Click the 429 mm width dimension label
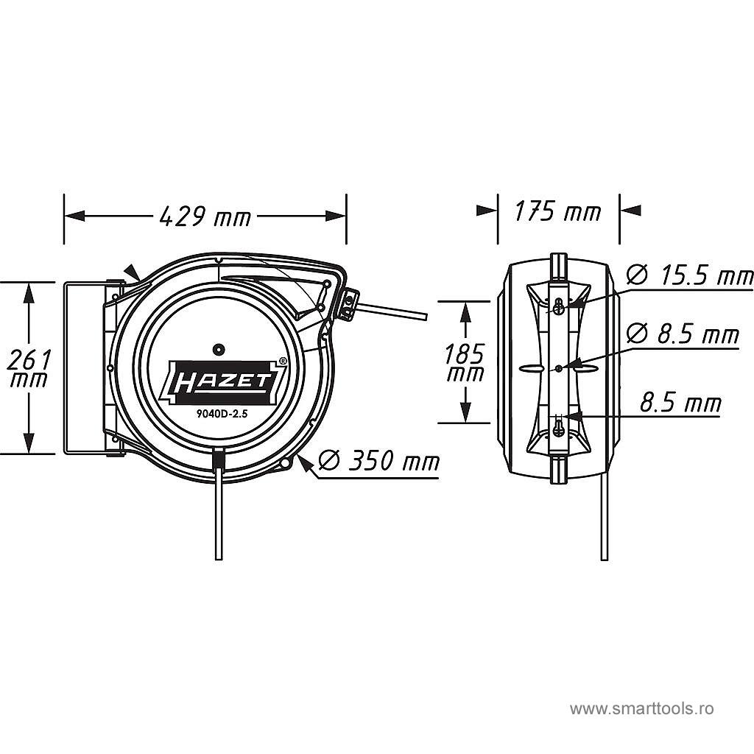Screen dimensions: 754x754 tap(205, 216)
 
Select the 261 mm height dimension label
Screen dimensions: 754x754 tap(29, 368)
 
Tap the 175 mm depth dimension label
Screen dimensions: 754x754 tap(558, 211)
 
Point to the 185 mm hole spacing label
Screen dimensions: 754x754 tap(465, 363)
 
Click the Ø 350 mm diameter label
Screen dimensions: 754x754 tap(379, 461)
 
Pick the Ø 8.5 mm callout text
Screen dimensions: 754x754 tap(683, 334)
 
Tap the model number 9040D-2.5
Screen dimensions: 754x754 tap(222, 414)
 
